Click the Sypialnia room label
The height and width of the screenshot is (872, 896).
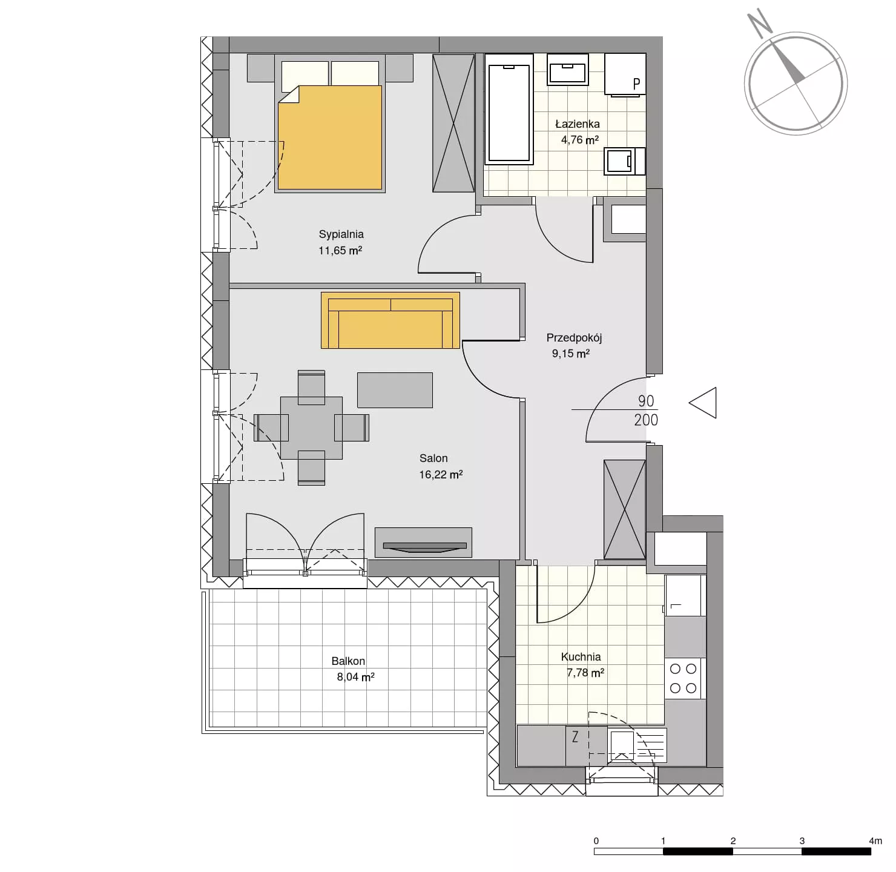click(x=341, y=234)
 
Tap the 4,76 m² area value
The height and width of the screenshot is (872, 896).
click(x=580, y=139)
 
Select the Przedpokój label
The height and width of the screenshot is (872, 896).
click(x=574, y=338)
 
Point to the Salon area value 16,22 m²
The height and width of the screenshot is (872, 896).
click(x=441, y=475)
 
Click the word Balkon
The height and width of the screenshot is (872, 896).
click(x=348, y=661)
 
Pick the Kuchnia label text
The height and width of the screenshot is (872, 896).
click(x=581, y=657)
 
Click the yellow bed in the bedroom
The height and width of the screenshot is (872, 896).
click(x=330, y=137)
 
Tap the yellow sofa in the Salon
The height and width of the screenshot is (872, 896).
click(x=390, y=320)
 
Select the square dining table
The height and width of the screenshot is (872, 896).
click(x=311, y=428)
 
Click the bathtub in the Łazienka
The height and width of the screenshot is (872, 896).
click(x=509, y=109)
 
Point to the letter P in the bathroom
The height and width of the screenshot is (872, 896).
click(x=637, y=84)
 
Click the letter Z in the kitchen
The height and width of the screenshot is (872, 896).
click(x=575, y=737)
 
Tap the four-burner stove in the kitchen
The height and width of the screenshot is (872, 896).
click(x=684, y=678)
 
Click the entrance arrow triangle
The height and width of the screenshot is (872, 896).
click(x=703, y=403)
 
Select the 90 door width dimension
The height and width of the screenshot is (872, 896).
click(x=646, y=401)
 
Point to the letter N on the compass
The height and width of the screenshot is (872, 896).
click(x=760, y=23)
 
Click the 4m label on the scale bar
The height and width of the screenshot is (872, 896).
click(x=875, y=841)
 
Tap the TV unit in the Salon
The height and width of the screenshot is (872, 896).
click(x=424, y=543)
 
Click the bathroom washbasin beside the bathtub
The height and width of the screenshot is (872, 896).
click(x=568, y=70)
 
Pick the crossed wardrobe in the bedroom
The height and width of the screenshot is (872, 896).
click(x=453, y=123)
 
